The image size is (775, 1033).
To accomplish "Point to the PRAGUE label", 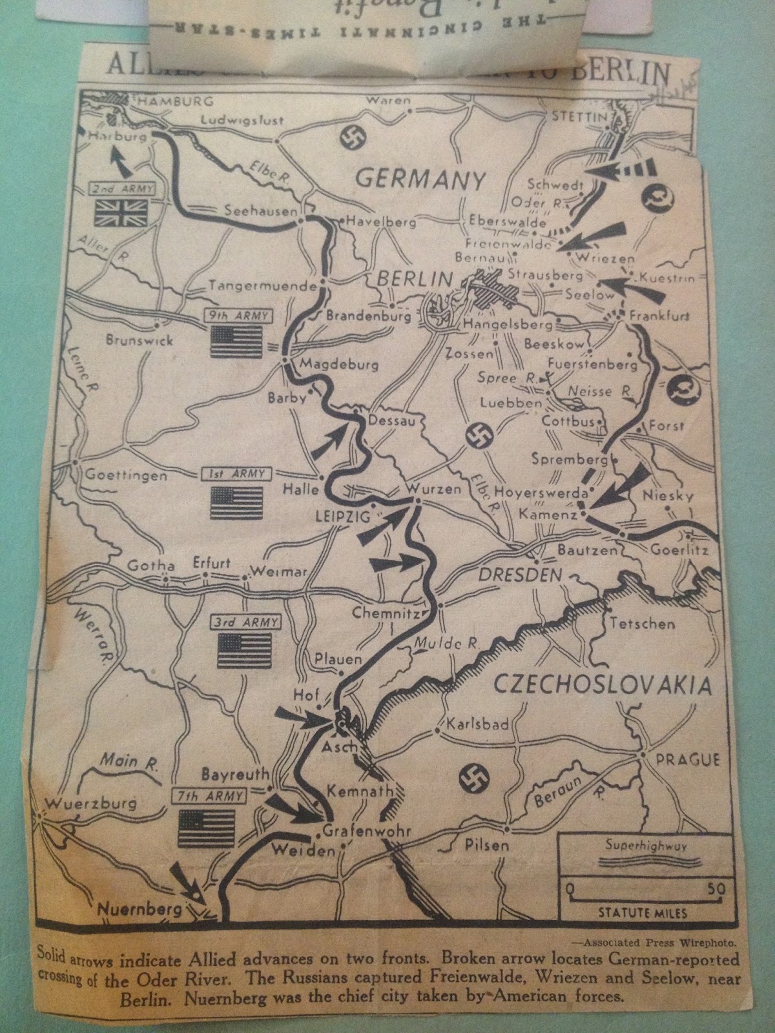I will point(688,759).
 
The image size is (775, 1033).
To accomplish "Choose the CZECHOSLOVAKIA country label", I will point(602,684).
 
